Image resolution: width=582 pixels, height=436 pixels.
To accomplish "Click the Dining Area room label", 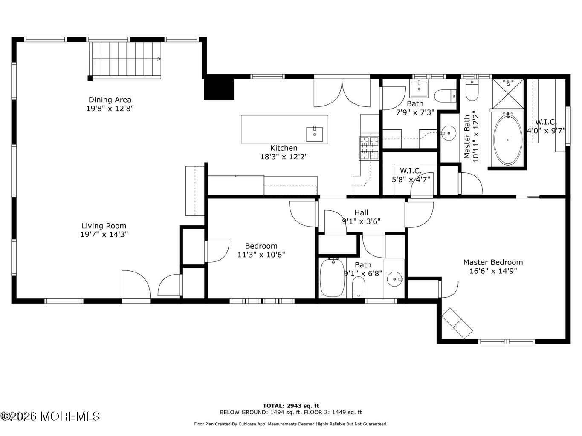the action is [110, 100].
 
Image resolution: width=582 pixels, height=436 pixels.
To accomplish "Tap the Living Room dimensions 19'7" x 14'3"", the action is [104, 234].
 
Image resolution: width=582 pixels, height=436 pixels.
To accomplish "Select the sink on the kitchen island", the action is [315, 134].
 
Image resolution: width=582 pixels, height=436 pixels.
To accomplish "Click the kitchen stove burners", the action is [369, 148].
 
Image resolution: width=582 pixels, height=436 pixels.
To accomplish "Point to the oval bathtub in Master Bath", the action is [508, 140].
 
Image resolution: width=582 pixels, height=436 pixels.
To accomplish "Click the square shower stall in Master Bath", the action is [508, 94].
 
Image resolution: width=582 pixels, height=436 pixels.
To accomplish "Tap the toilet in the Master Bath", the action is [472, 90].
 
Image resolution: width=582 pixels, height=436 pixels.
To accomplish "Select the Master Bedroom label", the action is [493, 262].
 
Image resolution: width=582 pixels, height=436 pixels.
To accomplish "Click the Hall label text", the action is [362, 212].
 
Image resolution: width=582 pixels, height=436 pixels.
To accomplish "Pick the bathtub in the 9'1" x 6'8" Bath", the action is [332, 278].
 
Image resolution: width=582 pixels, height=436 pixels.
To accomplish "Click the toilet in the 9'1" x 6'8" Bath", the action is [359, 287].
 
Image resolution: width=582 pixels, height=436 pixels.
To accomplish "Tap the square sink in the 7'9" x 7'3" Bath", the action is [419, 89].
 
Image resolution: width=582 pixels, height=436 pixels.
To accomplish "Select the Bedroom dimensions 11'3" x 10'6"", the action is [261, 255].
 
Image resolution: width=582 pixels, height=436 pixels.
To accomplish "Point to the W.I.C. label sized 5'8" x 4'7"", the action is [411, 170].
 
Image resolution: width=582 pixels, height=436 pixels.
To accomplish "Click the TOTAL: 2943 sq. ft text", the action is [291, 406].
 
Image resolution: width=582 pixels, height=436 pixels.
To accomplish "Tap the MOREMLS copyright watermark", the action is [50, 416].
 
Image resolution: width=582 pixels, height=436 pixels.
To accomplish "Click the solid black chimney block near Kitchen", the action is [219, 87].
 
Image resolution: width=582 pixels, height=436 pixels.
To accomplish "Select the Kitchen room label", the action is [284, 148].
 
